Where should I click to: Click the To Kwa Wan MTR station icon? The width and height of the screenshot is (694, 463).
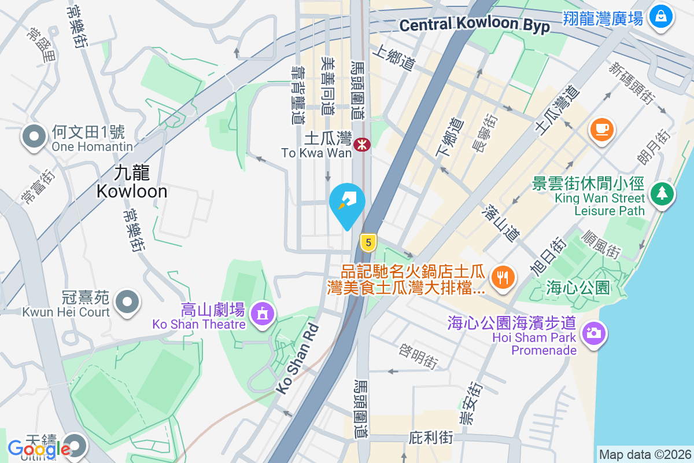pos(363,144)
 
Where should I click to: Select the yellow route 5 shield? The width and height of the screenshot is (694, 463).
pos(368,242)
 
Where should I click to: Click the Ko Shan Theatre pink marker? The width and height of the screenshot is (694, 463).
pos(263,314)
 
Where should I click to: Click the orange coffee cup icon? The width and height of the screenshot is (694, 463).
pos(601,128)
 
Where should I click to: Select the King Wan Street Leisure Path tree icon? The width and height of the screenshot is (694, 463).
pos(662,193)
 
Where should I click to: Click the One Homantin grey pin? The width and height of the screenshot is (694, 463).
pos(34,137)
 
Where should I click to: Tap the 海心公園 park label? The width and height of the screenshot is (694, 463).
pos(578,286)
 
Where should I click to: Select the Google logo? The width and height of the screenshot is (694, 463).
pos(39,448)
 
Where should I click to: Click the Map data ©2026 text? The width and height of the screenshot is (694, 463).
pos(644,454)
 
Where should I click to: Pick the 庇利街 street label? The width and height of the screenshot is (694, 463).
pos(430,437)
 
